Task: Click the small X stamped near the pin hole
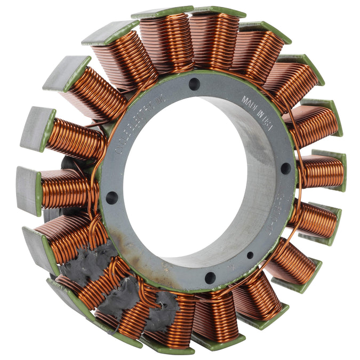click(231, 265)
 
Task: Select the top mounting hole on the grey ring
click(194, 84)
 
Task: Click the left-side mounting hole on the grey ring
click(111, 197)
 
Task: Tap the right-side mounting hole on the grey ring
click(286, 168)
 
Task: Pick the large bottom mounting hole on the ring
click(210, 277)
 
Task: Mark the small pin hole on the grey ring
click(250, 255)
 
